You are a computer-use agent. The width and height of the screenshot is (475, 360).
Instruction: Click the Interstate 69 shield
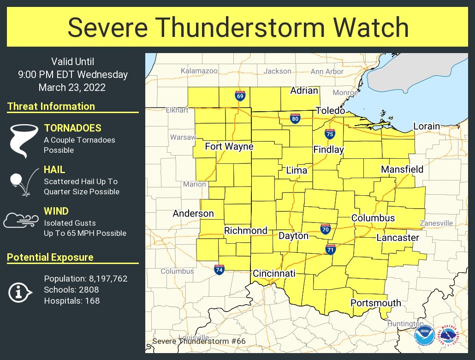[240, 96]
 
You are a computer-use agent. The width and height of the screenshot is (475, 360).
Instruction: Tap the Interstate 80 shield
[295, 119]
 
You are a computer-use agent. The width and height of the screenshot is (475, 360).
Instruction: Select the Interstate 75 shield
[330, 133]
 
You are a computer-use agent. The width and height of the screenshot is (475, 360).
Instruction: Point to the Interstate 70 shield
[326, 228]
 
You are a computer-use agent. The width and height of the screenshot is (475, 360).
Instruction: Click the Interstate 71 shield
[330, 250]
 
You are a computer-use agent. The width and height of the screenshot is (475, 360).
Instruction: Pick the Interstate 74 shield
[220, 270]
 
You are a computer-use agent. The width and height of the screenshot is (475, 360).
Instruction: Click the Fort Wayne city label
[229, 147]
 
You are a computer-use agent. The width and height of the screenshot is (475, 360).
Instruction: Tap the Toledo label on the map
[330, 111]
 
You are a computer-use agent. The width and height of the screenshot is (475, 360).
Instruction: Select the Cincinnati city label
[274, 274]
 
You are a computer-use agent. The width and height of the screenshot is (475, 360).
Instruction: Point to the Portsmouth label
[376, 303]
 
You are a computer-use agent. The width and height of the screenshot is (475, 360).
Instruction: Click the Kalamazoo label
[199, 71]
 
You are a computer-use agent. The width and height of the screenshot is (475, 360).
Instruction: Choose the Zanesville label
[436, 223]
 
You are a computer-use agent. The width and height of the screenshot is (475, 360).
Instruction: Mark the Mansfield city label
[402, 169]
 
